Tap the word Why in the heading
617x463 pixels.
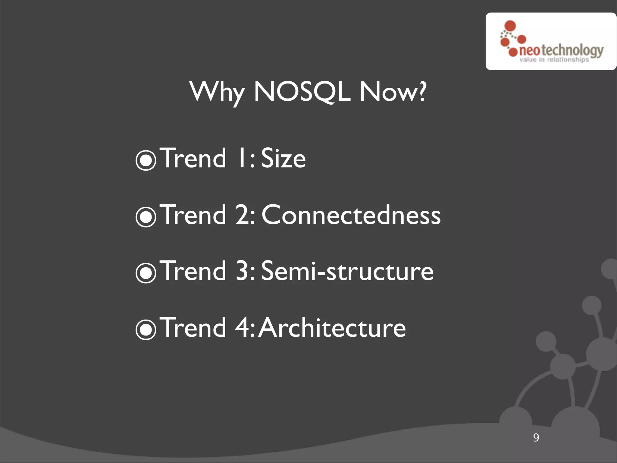click(x=217, y=92)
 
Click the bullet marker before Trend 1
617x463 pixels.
click(x=146, y=160)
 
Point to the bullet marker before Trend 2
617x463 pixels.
click(x=146, y=216)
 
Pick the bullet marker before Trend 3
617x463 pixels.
click(x=146, y=273)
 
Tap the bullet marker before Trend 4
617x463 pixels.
click(x=146, y=329)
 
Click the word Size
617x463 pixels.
click(x=283, y=158)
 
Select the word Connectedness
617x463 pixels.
click(x=351, y=215)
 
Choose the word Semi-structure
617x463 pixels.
click(x=347, y=271)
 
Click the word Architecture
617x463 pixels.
click(x=332, y=328)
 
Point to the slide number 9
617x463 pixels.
click(x=536, y=437)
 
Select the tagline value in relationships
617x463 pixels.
click(x=554, y=60)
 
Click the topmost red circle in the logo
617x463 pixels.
click(x=510, y=26)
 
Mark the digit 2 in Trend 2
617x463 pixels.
click(x=243, y=215)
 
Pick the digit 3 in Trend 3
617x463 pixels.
click(x=243, y=271)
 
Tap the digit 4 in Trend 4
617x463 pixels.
click(x=243, y=328)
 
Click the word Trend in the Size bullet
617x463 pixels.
click(x=194, y=158)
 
